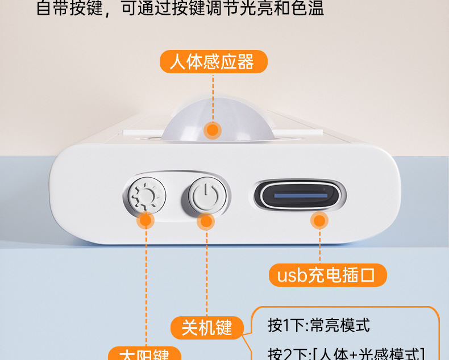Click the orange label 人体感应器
click(213, 61)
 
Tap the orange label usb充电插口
click(327, 276)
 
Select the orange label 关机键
click(207, 327)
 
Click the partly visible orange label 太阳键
click(144, 354)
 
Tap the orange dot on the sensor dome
click(213, 130)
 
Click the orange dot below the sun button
click(146, 220)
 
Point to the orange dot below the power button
click(205, 221)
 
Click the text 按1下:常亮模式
click(318, 325)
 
